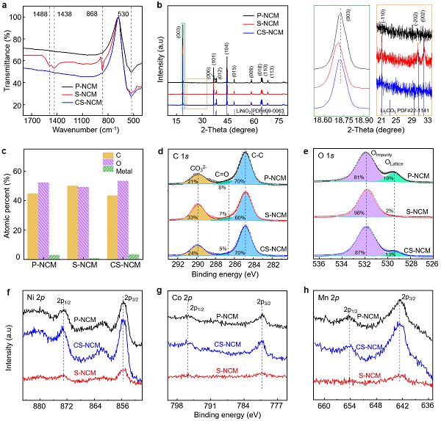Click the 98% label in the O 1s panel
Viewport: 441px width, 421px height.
click(x=360, y=212)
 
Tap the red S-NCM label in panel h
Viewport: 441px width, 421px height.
click(x=368, y=376)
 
